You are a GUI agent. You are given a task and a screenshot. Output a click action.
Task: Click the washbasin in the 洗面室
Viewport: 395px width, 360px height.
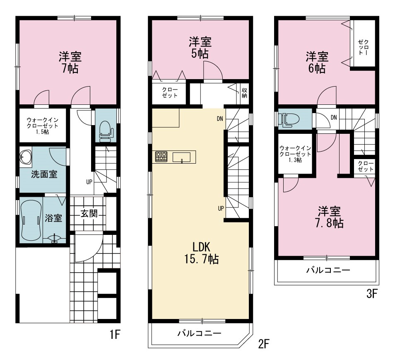tap(26, 157)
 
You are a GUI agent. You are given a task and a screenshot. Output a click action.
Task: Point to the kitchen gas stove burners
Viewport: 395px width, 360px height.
tap(161, 157)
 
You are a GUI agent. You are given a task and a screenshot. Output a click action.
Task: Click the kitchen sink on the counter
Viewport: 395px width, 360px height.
tap(182, 157)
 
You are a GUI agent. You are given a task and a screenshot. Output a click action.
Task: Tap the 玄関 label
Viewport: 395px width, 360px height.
tap(89, 214)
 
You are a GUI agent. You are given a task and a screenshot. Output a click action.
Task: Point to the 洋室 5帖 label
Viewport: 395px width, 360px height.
tap(200, 48)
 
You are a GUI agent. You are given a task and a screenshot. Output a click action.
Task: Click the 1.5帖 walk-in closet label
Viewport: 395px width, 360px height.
tap(43, 126)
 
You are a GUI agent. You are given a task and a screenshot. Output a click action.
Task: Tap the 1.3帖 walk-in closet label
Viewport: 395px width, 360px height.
tap(295, 154)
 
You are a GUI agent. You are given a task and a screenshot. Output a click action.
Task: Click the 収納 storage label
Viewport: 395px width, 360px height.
tap(244, 93)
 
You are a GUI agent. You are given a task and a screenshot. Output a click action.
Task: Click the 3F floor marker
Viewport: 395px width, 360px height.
tap(372, 294)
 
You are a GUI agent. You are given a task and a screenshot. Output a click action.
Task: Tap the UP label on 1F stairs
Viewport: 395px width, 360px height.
tap(89, 182)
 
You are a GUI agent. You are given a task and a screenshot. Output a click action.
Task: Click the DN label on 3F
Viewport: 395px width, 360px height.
tap(334, 118)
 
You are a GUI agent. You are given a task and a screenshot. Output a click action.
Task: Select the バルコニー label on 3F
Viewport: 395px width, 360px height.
tap(328, 271)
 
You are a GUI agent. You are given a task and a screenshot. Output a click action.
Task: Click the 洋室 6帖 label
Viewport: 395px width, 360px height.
tap(317, 62)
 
